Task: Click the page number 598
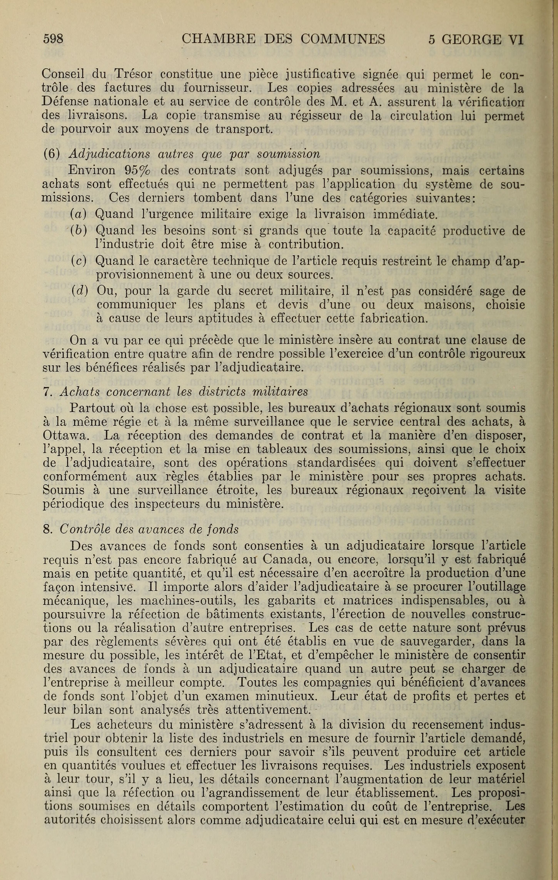pyautogui.click(x=53, y=39)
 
